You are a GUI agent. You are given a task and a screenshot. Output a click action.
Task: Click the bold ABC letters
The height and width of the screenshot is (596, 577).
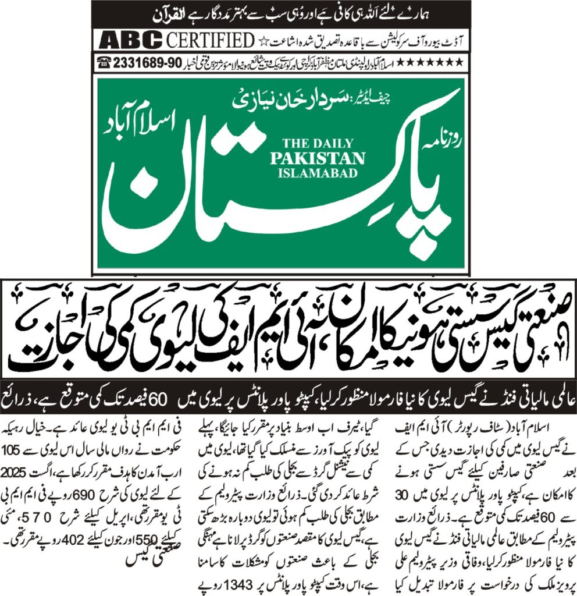click(130, 40)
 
